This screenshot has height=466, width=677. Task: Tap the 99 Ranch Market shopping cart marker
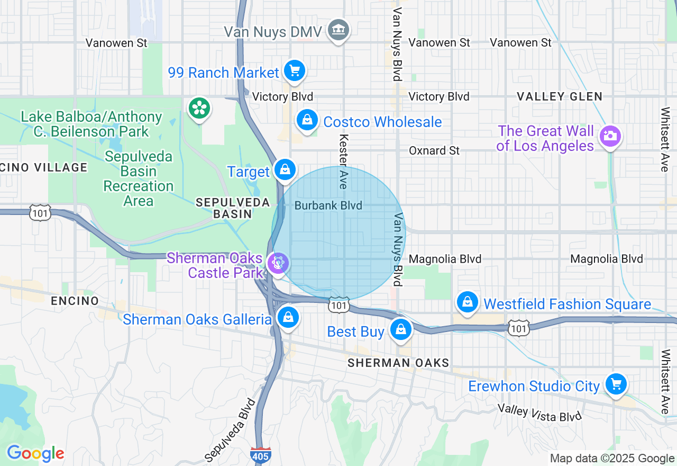pyautogui.click(x=295, y=70)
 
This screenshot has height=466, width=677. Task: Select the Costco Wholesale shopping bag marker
pyautogui.click(x=307, y=120)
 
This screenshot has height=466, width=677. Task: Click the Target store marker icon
pyautogui.click(x=285, y=170)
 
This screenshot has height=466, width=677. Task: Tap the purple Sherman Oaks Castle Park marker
pyautogui.click(x=277, y=263)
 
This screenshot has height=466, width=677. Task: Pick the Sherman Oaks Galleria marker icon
pyautogui.click(x=288, y=318)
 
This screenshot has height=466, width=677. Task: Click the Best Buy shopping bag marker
pyautogui.click(x=401, y=330)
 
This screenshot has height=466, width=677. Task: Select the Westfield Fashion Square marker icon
pyautogui.click(x=467, y=302)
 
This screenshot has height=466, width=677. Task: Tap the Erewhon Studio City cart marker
pyautogui.click(x=616, y=384)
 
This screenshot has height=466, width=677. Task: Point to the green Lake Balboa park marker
pyautogui.click(x=199, y=109)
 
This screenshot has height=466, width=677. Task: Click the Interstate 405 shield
pyautogui.click(x=261, y=454)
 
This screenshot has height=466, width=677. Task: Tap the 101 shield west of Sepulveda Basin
pyautogui.click(x=40, y=213)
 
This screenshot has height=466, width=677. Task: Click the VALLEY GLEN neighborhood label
pyautogui.click(x=560, y=96)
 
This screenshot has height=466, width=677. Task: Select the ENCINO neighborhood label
pyautogui.click(x=75, y=301)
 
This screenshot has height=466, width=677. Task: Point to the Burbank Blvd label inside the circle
pyautogui.click(x=328, y=205)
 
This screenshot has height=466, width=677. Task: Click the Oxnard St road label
pyautogui.click(x=434, y=151)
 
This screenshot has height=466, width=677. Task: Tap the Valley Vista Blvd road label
pyautogui.click(x=539, y=413)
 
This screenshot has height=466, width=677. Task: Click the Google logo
pyautogui.click(x=35, y=453)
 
